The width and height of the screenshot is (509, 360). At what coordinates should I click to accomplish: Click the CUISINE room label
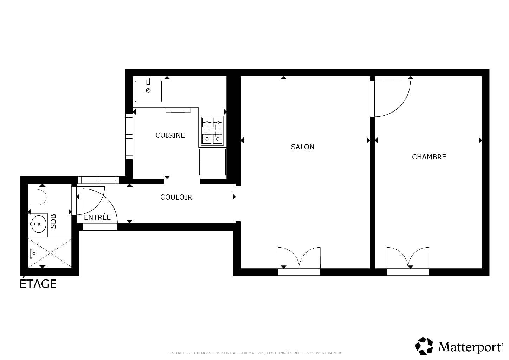(170, 135)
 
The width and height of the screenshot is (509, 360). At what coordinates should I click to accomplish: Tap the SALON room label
(302, 147)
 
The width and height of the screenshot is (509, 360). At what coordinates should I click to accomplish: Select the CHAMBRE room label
(429, 157)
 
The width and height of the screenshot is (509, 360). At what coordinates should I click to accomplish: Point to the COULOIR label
(176, 197)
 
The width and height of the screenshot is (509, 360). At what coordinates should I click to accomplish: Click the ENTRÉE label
(97, 217)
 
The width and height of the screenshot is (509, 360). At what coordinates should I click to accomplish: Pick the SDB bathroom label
(53, 221)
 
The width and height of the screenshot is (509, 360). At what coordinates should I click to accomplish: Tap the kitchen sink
(148, 91)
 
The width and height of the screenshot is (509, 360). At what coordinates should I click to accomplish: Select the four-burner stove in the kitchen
(212, 131)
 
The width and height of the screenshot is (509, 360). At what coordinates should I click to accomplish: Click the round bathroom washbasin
(39, 224)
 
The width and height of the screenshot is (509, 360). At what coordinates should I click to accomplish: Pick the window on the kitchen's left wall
(129, 136)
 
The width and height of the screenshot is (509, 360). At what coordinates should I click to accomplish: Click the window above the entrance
(99, 180)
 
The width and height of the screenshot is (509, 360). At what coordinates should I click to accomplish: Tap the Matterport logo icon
(424, 346)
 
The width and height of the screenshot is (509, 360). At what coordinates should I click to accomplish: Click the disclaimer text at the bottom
(254, 353)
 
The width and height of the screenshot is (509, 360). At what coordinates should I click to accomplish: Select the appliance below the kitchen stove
(213, 162)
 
